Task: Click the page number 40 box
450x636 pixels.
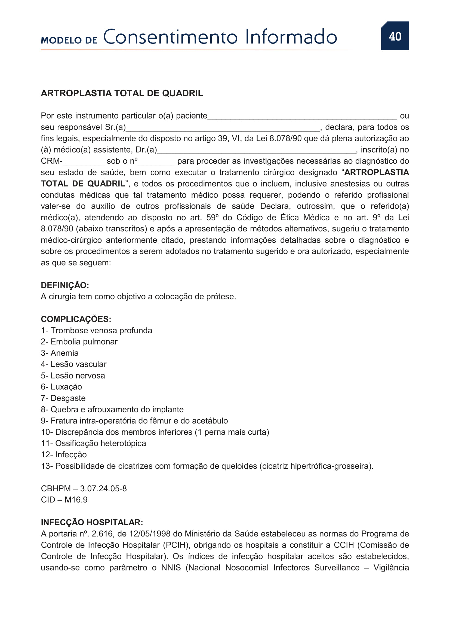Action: click(x=394, y=36)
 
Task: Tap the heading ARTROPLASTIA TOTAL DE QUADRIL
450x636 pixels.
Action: click(x=122, y=93)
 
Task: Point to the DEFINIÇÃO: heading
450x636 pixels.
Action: click(x=65, y=285)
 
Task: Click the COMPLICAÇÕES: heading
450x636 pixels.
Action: click(x=76, y=319)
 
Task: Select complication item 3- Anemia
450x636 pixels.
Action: click(x=60, y=353)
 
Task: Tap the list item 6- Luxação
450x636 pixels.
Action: click(x=61, y=387)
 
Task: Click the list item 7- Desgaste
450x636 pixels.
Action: click(x=63, y=398)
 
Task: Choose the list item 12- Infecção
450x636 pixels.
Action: click(x=64, y=455)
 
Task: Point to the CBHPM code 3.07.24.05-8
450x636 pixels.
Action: click(x=103, y=488)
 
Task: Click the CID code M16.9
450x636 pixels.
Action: click(x=76, y=500)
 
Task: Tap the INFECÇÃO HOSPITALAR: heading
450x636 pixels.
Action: click(x=92, y=522)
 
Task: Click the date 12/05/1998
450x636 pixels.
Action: click(x=149, y=534)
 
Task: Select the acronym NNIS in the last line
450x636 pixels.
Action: click(x=171, y=567)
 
